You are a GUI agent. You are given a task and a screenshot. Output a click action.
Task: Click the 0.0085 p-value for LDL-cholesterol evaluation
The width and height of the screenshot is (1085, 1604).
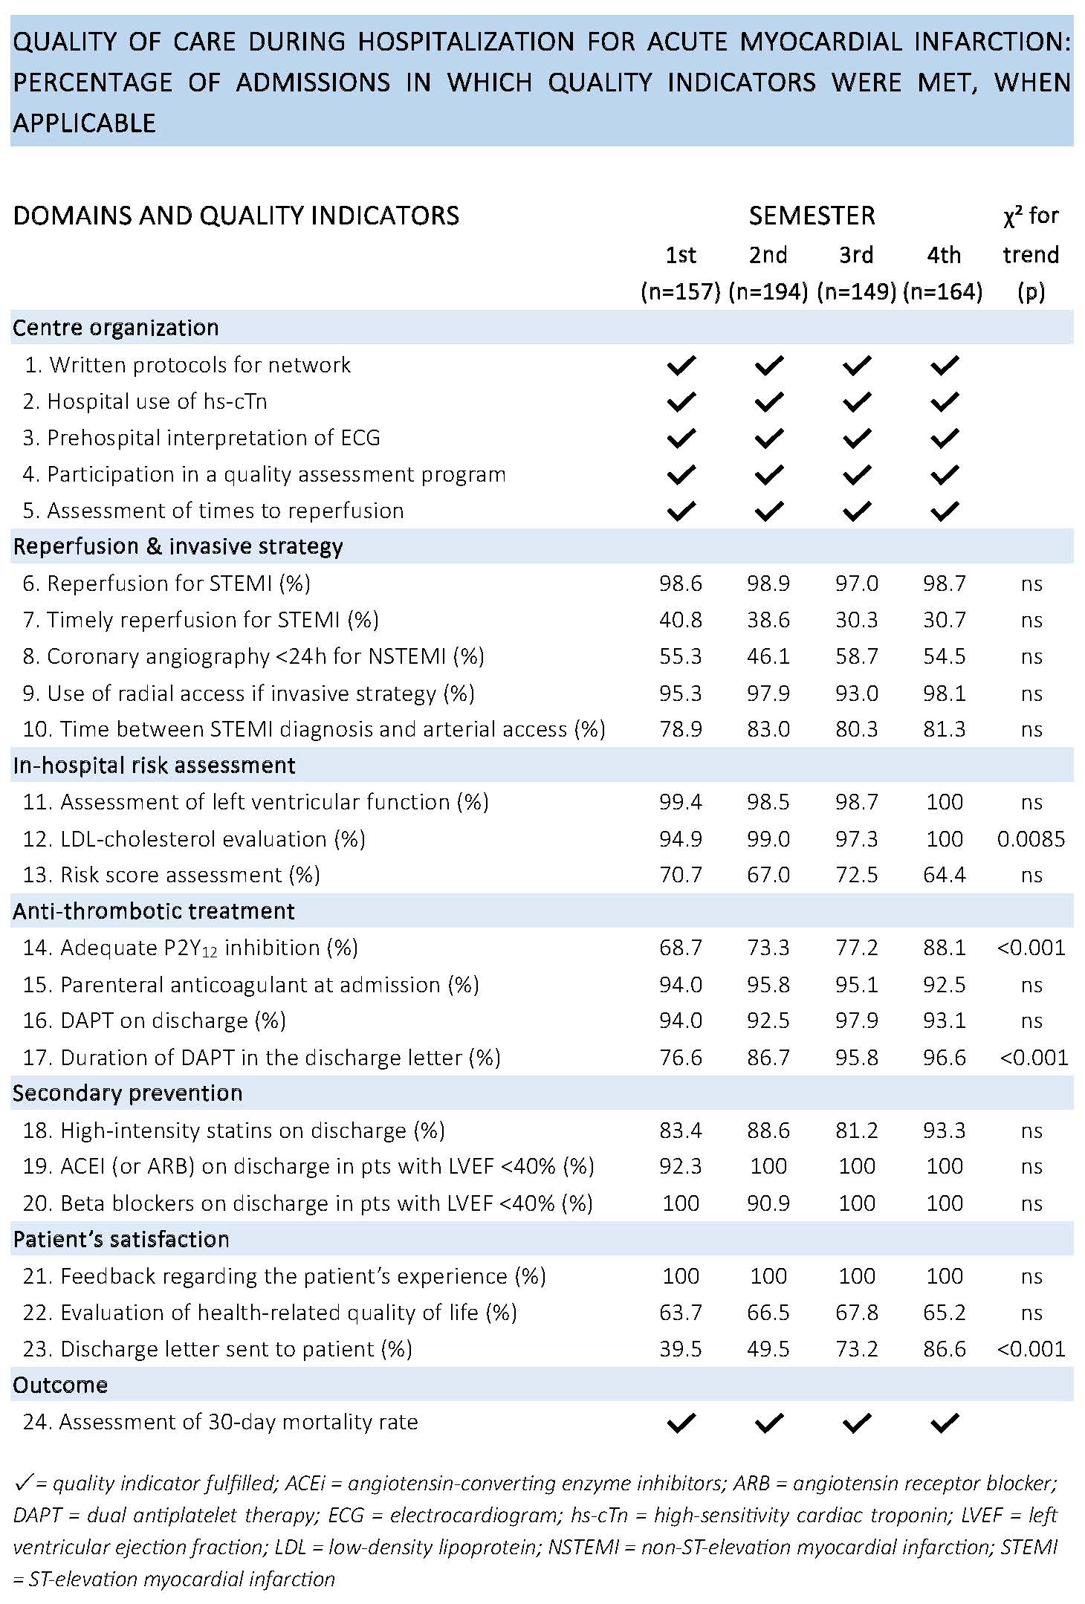[x=1031, y=839]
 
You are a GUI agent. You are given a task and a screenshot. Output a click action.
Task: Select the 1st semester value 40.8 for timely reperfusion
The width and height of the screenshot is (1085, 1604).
[x=681, y=620]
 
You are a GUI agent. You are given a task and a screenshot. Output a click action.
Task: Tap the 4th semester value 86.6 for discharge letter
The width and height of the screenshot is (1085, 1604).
[x=944, y=1349]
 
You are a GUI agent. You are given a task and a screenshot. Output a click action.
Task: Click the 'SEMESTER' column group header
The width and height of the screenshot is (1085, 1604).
[x=812, y=216]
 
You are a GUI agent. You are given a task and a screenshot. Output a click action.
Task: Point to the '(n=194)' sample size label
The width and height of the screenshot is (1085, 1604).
[x=768, y=291]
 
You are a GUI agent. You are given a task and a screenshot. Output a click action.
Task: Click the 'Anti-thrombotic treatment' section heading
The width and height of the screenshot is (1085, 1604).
[x=154, y=911]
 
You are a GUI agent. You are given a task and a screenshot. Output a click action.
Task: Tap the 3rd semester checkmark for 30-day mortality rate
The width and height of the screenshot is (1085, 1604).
[x=856, y=1423]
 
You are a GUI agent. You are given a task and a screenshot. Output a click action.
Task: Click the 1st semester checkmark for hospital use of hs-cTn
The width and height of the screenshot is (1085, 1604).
[x=681, y=402]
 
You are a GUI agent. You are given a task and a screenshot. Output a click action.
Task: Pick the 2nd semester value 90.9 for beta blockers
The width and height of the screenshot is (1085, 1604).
[x=768, y=1203]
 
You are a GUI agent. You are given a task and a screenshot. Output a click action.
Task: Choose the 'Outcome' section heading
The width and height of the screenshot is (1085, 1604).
[x=60, y=1385]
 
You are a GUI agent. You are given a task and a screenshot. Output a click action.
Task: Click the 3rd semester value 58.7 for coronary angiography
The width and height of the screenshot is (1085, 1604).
[x=856, y=656]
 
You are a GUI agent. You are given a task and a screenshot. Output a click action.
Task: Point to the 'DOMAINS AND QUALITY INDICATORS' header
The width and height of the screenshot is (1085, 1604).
[x=236, y=216]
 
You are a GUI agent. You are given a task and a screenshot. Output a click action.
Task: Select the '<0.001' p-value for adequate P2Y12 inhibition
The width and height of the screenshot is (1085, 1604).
[x=1031, y=948]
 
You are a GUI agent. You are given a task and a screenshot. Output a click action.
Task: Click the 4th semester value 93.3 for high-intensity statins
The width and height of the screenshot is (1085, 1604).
[x=944, y=1131]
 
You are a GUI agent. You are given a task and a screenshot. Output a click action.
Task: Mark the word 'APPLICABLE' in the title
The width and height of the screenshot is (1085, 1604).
[x=84, y=123]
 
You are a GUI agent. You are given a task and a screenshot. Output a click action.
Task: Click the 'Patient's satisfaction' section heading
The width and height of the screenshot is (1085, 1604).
[x=121, y=1239]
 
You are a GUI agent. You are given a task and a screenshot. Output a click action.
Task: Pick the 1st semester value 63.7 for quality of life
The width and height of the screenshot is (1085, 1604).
[x=681, y=1313]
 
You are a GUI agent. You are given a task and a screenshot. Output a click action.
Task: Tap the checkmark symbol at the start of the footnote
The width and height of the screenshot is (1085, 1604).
[x=23, y=1484]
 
